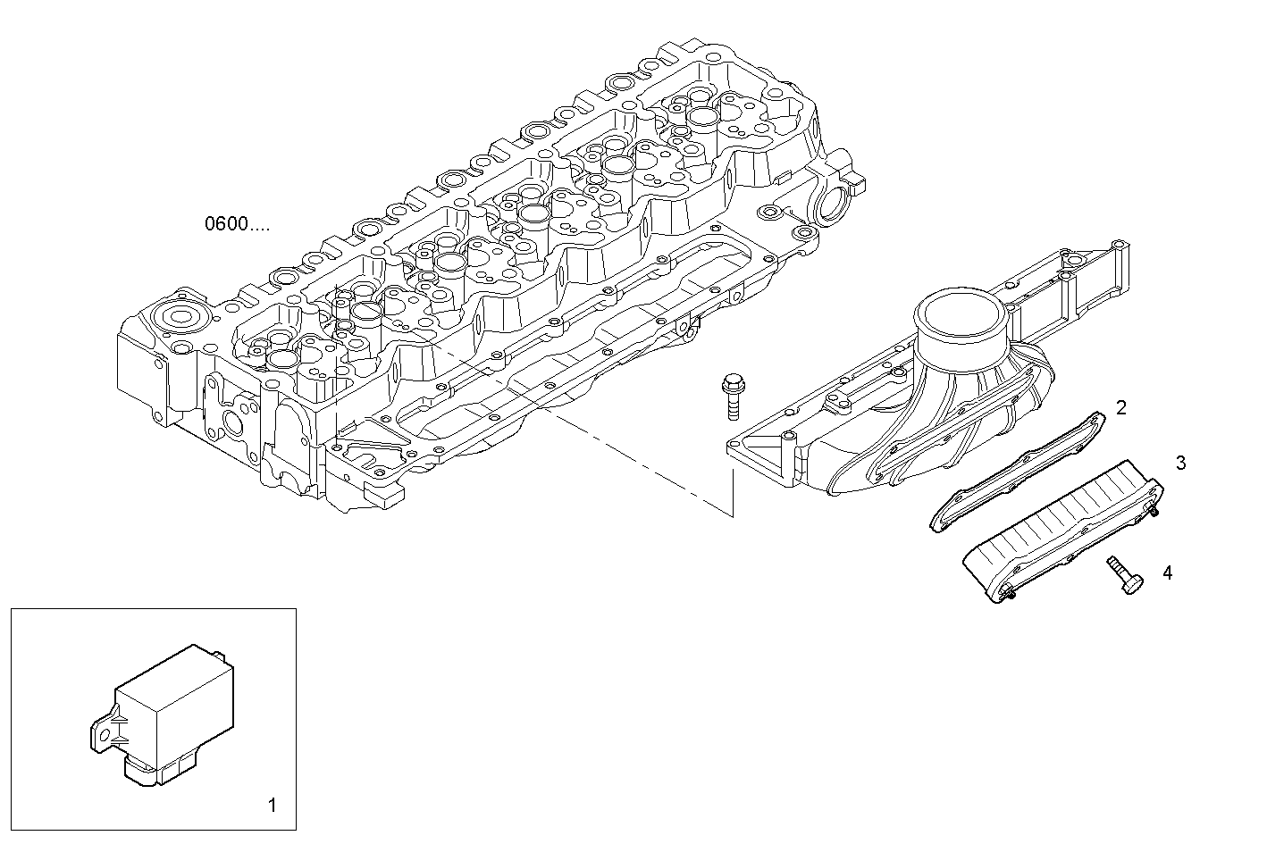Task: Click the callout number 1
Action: pos(273,806)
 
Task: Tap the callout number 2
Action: pos(1120,408)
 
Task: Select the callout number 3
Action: pos(1180,463)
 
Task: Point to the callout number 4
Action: pos(1167,572)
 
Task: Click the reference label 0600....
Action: pos(236,224)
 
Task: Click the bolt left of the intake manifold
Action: pos(732,394)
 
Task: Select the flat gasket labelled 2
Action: pos(1014,472)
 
